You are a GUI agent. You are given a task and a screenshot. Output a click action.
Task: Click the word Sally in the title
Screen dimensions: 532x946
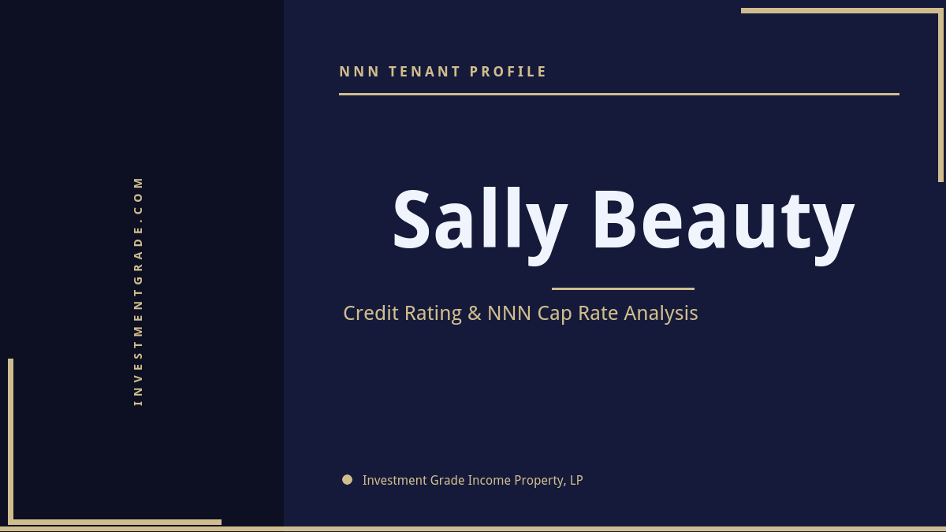(479, 221)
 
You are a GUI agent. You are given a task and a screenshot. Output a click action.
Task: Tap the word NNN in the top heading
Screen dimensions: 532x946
(359, 72)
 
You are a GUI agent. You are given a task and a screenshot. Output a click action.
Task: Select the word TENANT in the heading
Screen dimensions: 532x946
(424, 72)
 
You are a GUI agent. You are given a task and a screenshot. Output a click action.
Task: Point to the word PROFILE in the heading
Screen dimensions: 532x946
(508, 72)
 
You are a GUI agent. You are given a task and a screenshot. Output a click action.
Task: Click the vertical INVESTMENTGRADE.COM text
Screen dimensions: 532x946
(139, 291)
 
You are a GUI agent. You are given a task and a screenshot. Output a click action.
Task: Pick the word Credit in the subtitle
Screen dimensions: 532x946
(372, 314)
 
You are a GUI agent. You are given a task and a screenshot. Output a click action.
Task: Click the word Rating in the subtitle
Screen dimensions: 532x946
(433, 314)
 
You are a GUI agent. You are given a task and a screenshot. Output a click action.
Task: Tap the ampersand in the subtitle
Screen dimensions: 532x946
(474, 314)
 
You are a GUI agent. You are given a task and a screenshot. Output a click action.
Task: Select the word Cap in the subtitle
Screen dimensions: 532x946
(554, 314)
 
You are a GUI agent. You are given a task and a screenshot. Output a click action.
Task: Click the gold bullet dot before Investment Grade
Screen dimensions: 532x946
(347, 479)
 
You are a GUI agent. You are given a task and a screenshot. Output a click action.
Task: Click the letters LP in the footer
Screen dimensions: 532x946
(576, 480)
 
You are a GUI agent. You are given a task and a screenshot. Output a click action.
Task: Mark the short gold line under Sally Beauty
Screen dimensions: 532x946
(623, 288)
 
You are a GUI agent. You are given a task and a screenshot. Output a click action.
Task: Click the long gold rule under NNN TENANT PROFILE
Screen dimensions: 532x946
(619, 94)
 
